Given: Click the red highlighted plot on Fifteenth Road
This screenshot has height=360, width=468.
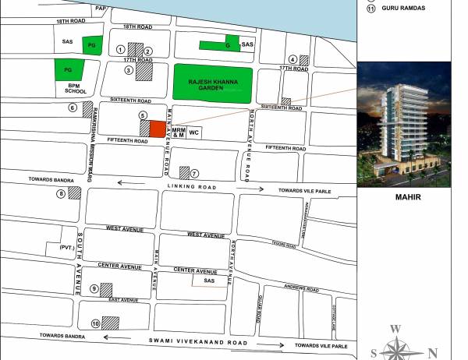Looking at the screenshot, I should click(x=158, y=129).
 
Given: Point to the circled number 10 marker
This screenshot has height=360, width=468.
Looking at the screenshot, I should click(x=95, y=323).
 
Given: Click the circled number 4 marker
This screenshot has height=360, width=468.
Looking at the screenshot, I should click(x=292, y=59).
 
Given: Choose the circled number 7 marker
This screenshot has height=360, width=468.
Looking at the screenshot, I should click(x=195, y=173).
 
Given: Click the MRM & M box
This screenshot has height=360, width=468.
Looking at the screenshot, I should click(x=178, y=132).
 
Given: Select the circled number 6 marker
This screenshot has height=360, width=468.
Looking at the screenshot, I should click(x=73, y=108).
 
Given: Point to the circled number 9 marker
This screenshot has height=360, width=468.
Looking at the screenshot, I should click(x=95, y=289).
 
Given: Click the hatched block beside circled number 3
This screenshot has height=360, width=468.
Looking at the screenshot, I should click(x=144, y=72).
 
